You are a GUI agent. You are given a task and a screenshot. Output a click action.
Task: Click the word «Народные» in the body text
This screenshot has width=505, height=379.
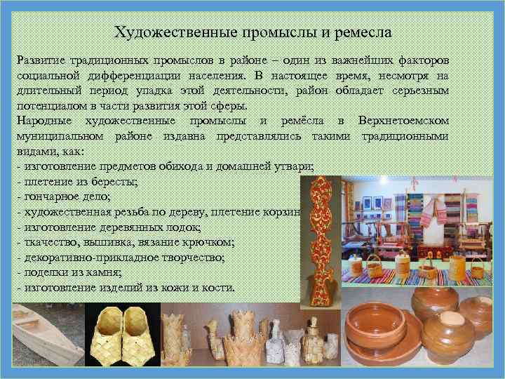point(41,120)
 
